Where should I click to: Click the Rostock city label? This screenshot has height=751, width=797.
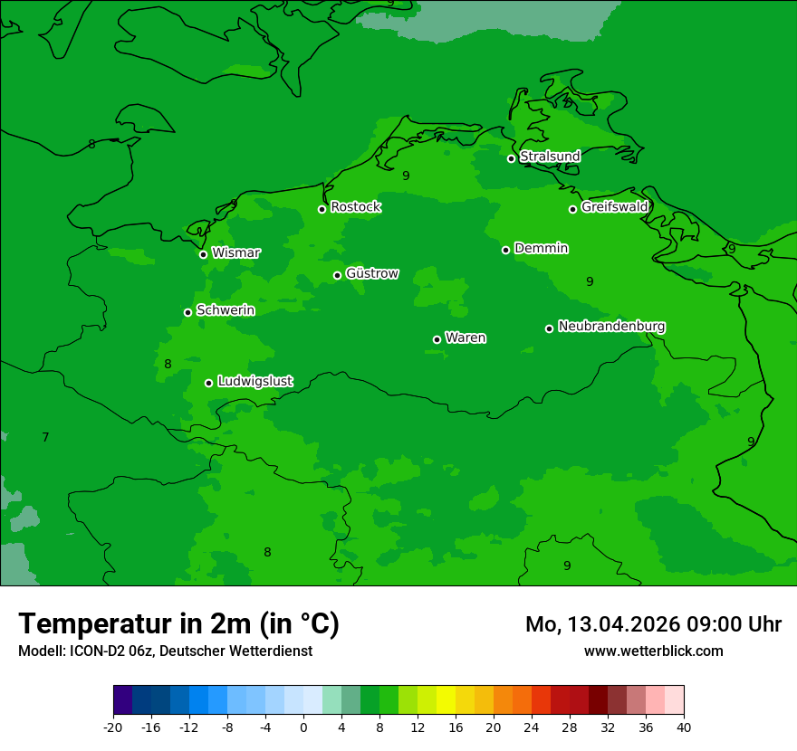click(x=355, y=207)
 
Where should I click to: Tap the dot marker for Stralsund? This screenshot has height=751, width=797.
click(x=511, y=158)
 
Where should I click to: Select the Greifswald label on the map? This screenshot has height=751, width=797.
click(x=614, y=207)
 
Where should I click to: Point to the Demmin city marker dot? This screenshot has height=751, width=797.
click(x=505, y=250)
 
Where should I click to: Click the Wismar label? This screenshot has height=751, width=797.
click(x=235, y=252)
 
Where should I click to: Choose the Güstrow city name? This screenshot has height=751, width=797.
click(x=371, y=273)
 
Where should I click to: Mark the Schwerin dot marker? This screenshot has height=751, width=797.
click(x=187, y=312)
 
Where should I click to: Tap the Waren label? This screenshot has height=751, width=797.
click(x=466, y=337)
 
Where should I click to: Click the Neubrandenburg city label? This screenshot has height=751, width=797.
click(x=611, y=326)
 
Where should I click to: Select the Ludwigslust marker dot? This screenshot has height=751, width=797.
click(x=208, y=383)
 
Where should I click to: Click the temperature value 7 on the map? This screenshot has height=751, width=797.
click(x=45, y=437)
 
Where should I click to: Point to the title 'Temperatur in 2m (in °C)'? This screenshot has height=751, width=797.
click(x=178, y=623)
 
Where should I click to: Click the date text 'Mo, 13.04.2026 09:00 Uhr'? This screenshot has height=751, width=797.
click(x=653, y=624)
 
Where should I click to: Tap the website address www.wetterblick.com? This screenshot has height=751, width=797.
click(x=653, y=651)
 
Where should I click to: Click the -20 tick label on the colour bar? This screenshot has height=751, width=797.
click(x=113, y=727)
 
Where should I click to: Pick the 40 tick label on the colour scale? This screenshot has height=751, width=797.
click(x=683, y=727)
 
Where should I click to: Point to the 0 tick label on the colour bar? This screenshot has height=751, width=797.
click(x=303, y=727)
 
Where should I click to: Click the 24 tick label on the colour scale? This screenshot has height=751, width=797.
click(x=532, y=727)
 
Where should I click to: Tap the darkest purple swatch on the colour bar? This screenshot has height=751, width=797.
click(x=123, y=700)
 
